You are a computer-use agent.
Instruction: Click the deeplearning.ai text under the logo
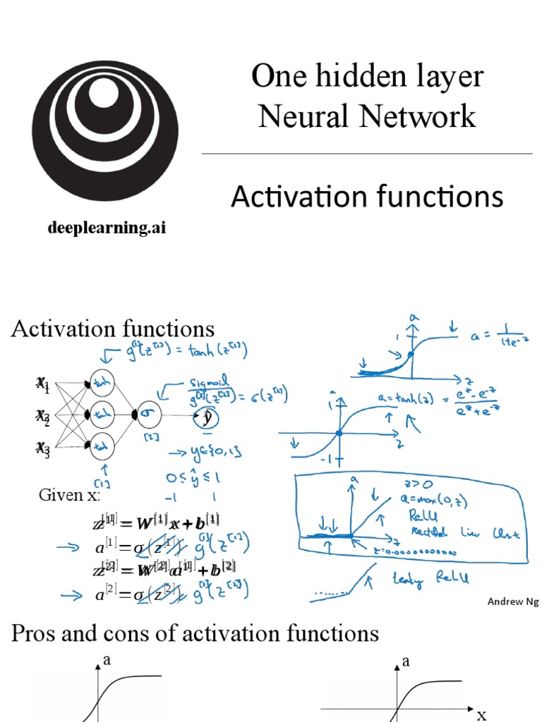click(107, 228)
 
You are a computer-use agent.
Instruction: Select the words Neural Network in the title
click(367, 116)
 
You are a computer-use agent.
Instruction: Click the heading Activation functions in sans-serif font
click(367, 197)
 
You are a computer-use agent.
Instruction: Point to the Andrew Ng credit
click(508, 601)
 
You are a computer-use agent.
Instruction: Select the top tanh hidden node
click(102, 381)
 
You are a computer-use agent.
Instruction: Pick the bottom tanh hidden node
click(102, 446)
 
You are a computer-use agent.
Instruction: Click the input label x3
click(43, 448)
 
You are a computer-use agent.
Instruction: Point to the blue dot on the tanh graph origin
click(339, 433)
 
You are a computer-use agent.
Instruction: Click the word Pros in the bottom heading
click(35, 633)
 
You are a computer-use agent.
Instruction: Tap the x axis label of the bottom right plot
click(482, 714)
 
